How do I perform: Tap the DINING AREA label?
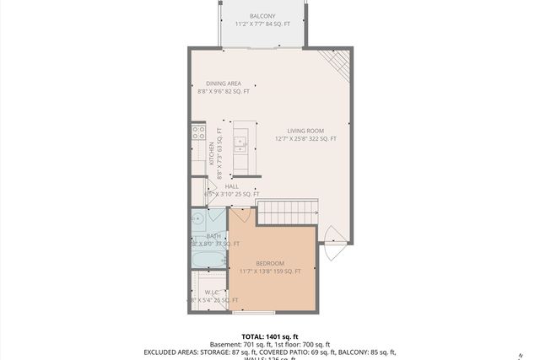pyautogui.click(x=224, y=83)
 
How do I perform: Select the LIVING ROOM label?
pyautogui.click(x=305, y=131)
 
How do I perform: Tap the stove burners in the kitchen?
pyautogui.click(x=199, y=132)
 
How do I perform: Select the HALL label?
pyautogui.click(x=231, y=186)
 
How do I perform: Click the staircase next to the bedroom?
pyautogui.click(x=287, y=213)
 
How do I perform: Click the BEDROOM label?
pyautogui.click(x=270, y=263)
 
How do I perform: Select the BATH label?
pyautogui.click(x=213, y=236)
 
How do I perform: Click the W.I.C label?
pyautogui.click(x=212, y=292)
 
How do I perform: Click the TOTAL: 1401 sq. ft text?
pyautogui.click(x=270, y=336)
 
